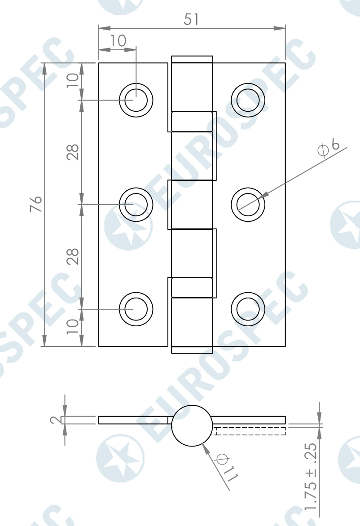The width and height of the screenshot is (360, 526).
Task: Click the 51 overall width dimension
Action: tap(191, 19)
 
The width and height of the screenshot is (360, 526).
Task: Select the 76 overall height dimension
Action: tap(36, 204)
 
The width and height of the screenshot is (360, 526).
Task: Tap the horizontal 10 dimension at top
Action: tap(118, 41)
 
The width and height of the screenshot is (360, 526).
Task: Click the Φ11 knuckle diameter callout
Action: tap(227, 467)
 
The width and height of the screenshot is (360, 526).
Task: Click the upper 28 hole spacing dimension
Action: tap(72, 152)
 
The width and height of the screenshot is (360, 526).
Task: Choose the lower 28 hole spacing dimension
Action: tap(72, 256)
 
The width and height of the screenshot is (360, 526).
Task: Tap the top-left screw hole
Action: tap(136, 100)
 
